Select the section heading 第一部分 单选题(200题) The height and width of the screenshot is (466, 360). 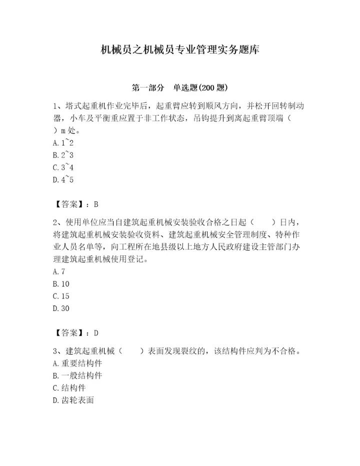(179, 87)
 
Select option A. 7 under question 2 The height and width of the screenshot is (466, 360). (58, 271)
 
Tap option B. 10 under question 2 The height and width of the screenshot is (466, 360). (61, 284)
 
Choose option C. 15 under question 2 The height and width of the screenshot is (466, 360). (61, 296)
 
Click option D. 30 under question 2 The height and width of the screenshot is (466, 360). (61, 308)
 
